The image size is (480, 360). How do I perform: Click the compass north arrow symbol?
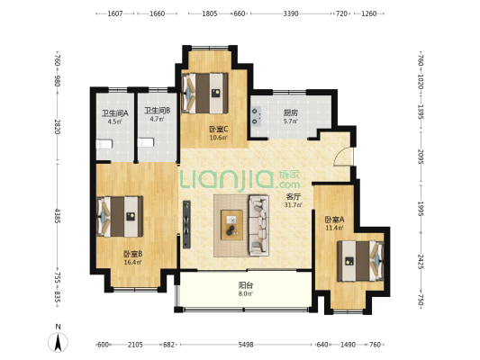tap(58, 342)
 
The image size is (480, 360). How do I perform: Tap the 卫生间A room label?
tap(114, 113)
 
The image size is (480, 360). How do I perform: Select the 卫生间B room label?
tap(157, 111)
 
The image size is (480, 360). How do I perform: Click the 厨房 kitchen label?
tap(291, 112)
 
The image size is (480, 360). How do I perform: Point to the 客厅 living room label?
tap(293, 197)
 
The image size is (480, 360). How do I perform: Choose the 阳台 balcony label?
tap(246, 285)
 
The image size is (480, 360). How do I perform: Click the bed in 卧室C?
tap(204, 94)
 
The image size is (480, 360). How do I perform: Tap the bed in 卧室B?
tap(120, 217)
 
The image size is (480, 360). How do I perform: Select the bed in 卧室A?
tap(360, 261)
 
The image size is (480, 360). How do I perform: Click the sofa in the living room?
tap(259, 225)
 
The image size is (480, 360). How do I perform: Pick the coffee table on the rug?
tap(231, 225)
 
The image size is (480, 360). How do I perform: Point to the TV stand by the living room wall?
tap(186, 224)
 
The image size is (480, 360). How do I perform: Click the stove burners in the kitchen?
tap(257, 116)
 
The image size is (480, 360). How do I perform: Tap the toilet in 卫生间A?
tap(104, 144)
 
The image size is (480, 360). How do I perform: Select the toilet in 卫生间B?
tap(145, 142)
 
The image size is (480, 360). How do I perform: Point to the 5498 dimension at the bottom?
tap(246, 345)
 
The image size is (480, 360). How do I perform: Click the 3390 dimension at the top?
tap(291, 13)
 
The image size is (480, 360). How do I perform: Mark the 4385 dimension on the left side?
tap(58, 216)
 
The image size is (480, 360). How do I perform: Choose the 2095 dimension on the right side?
tap(421, 157)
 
